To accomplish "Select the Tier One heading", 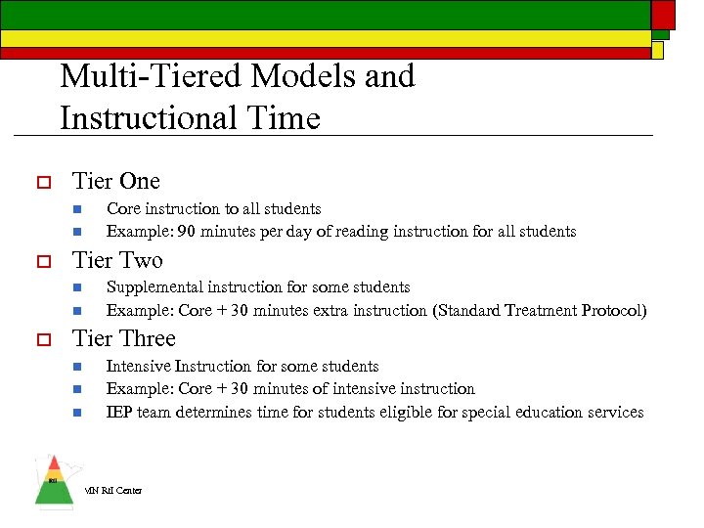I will point(116,181).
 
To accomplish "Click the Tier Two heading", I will point(117,260).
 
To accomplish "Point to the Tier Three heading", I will point(124,338).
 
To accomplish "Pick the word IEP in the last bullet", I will point(119,413).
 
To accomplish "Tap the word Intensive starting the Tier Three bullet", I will point(138,366).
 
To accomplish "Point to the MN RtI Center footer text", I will point(112,490).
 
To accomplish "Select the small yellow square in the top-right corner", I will point(658,49).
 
